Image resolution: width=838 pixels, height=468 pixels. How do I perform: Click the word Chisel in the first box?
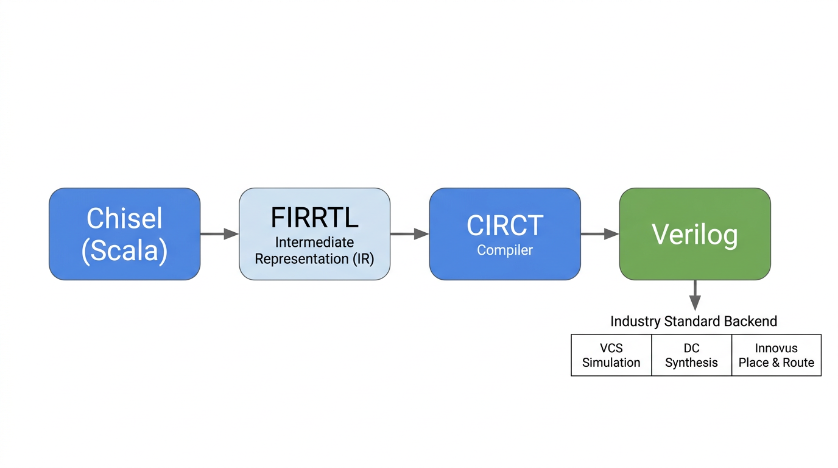pyautogui.click(x=124, y=218)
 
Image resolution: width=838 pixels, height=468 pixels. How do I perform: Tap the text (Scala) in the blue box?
pyautogui.click(x=124, y=250)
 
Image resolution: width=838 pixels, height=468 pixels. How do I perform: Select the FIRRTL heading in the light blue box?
pyautogui.click(x=314, y=218)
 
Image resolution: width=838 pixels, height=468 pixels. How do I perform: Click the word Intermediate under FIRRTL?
pyautogui.click(x=314, y=243)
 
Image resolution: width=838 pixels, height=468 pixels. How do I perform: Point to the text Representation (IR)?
pyautogui.click(x=314, y=258)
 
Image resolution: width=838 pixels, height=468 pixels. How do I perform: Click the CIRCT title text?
pyautogui.click(x=505, y=226)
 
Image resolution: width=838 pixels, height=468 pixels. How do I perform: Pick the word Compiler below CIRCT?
pyautogui.click(x=505, y=250)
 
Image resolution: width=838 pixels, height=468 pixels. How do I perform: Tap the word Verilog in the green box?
pyautogui.click(x=695, y=234)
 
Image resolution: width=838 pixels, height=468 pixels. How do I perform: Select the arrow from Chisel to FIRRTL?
pyautogui.click(x=219, y=233)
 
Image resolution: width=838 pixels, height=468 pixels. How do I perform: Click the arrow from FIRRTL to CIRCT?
pyautogui.click(x=409, y=233)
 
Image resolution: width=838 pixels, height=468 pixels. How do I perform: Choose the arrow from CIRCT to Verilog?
pyautogui.click(x=599, y=233)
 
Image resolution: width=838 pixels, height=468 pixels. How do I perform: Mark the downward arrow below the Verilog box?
pyautogui.click(x=695, y=296)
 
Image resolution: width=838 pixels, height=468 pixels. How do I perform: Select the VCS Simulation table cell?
pyautogui.click(x=611, y=355)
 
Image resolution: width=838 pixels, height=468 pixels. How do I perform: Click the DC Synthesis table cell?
pyautogui.click(x=691, y=355)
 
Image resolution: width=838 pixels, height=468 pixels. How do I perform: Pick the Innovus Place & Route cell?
pyautogui.click(x=776, y=355)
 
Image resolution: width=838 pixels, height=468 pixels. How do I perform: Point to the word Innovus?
pyautogui.click(x=776, y=349)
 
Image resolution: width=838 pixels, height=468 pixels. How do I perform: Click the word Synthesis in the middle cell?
pyautogui.click(x=691, y=363)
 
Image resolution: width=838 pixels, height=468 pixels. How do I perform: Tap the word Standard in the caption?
pyautogui.click(x=691, y=321)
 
